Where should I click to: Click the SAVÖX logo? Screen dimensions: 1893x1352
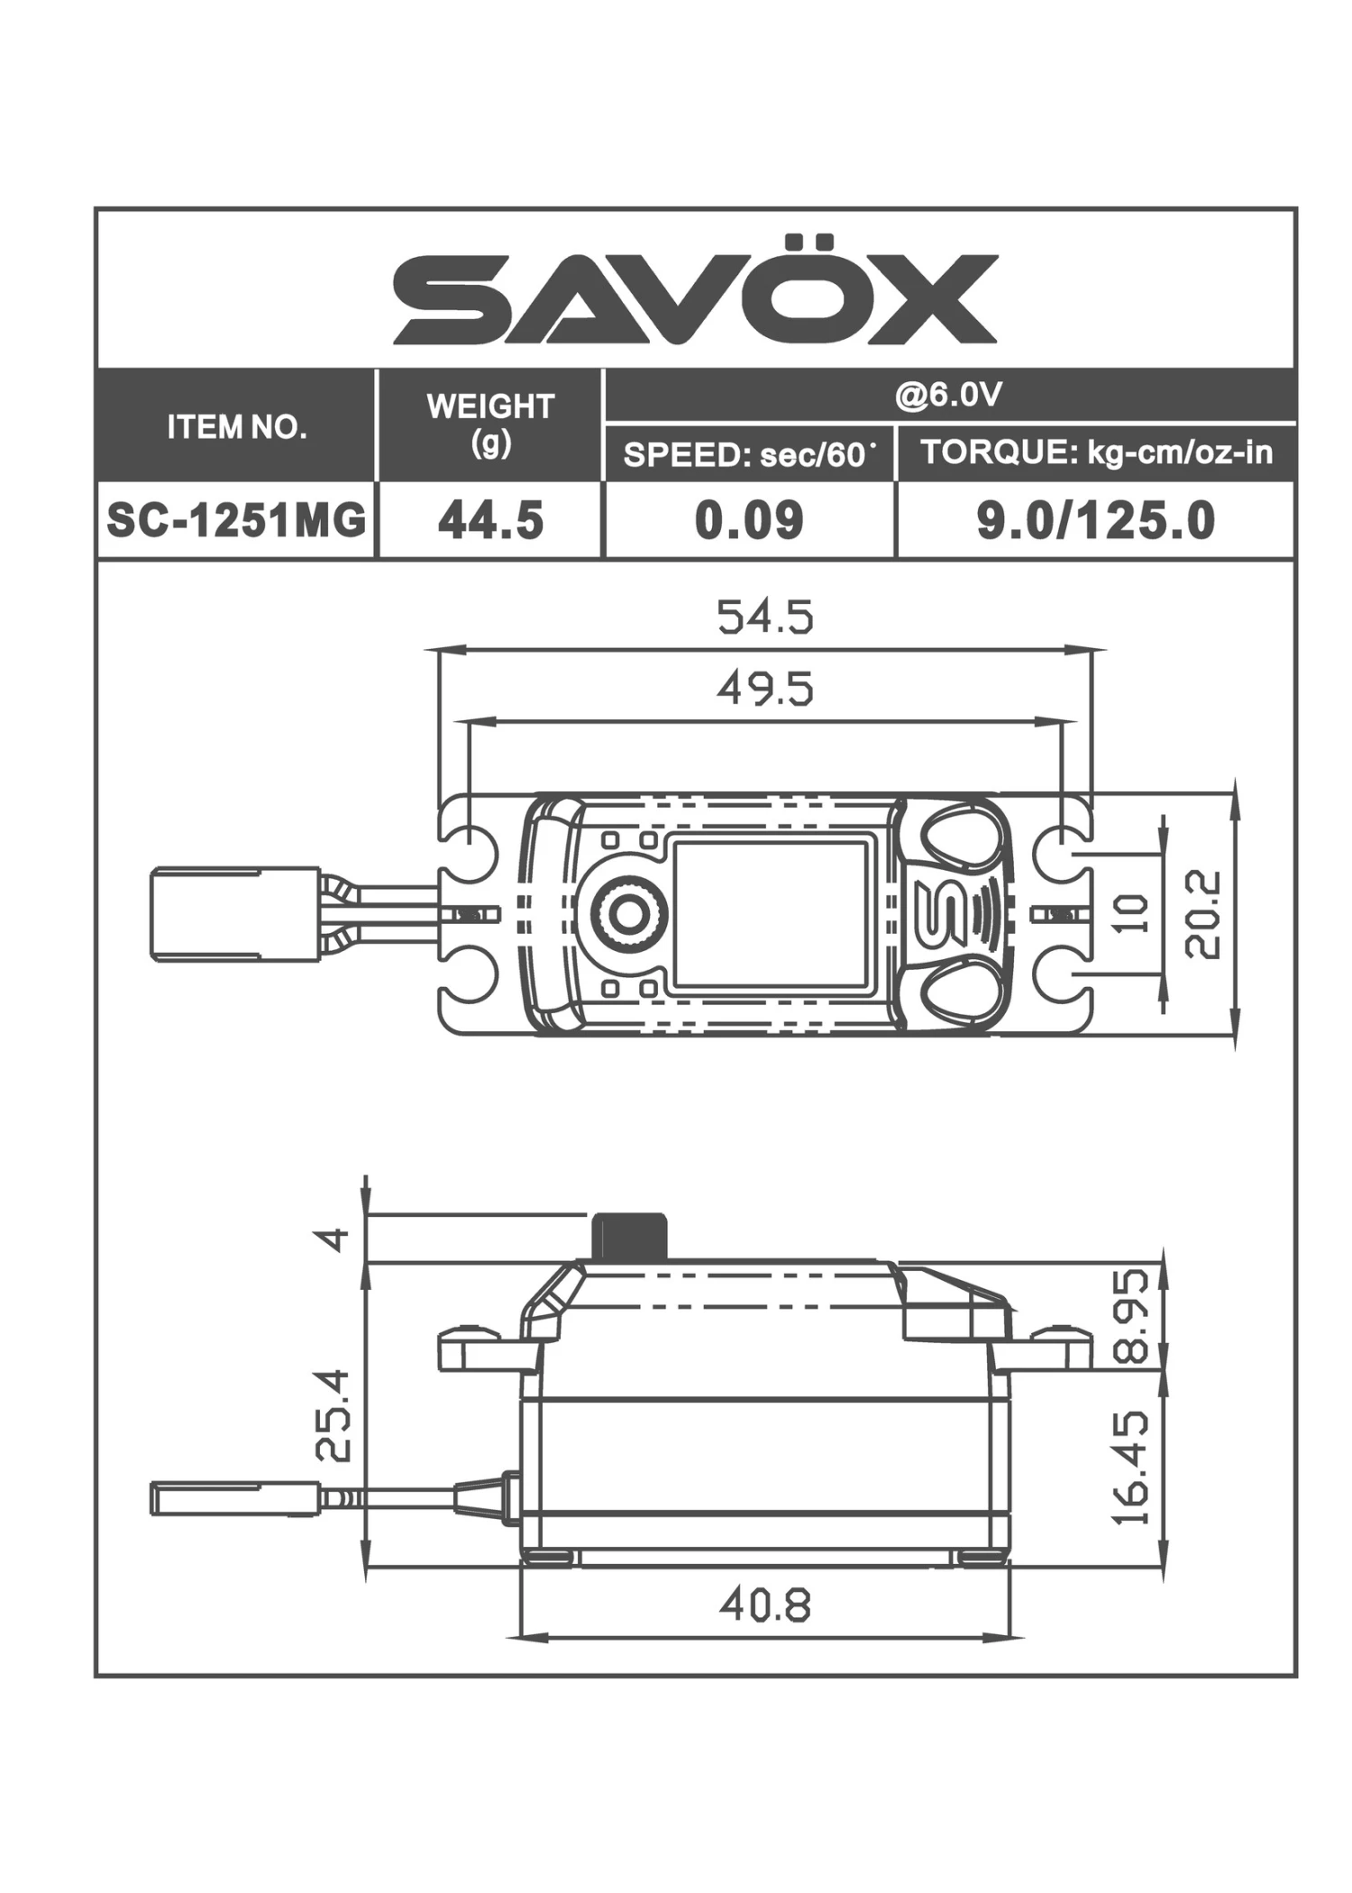[695, 296]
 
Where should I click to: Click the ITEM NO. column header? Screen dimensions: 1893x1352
[237, 426]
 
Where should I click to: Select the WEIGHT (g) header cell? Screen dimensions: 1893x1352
[489, 424]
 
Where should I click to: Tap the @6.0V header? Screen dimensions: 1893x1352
[948, 395]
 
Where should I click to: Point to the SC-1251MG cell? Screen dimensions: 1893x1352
[237, 520]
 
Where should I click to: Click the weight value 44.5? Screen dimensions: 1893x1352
[490, 520]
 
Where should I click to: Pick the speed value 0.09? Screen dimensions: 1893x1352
[749, 520]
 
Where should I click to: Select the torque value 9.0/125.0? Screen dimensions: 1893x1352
[1096, 520]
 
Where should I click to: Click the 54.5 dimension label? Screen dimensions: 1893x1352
[764, 617]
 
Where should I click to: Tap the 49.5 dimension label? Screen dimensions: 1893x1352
[764, 690]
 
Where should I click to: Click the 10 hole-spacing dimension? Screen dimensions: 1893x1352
[1133, 913]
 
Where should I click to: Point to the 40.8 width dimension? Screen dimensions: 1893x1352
[764, 1605]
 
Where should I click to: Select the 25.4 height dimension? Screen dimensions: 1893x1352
[333, 1414]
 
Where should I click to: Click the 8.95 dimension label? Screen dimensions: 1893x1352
[1132, 1316]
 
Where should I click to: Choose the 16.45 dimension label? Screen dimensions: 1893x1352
[1132, 1468]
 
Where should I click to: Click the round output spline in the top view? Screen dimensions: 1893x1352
[626, 914]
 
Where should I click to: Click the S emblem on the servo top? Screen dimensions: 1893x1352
[939, 913]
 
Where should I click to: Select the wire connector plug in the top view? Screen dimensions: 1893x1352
[234, 914]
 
